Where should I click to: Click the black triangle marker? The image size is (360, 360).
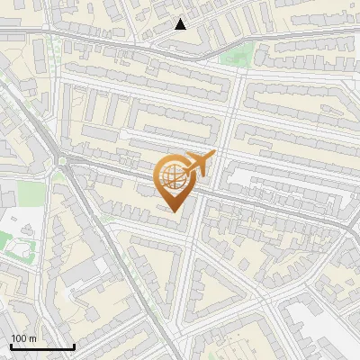coord(180,24)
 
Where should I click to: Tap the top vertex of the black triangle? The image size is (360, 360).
coord(180,19)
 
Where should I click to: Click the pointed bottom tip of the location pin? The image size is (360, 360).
coord(174,211)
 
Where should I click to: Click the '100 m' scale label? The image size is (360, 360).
coord(24,338)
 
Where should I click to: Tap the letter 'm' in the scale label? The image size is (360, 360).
coord(32,338)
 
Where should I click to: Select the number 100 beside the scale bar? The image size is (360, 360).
coord(20,338)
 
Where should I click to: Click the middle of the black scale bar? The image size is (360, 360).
coord(42,346)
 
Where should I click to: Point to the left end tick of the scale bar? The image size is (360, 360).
coord(11,345)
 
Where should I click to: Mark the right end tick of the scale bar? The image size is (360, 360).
coord(74,345)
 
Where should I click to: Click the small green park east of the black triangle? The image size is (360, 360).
coord(236,56)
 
